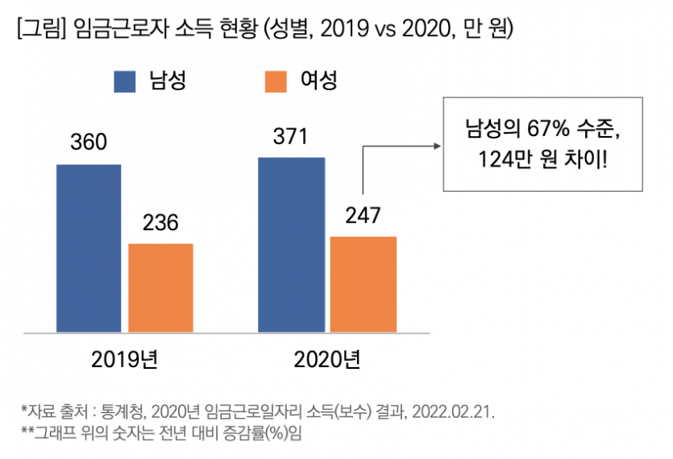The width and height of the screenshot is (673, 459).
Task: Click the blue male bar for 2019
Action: (89, 247)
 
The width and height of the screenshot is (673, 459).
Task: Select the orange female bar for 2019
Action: (160, 287)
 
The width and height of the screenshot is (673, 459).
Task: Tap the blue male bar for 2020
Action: (291, 244)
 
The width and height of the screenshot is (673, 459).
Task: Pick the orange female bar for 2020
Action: (364, 283)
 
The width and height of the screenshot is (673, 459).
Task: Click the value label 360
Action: (89, 143)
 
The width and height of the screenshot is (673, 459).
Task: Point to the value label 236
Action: (160, 222)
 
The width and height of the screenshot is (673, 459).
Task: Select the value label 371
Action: (290, 137)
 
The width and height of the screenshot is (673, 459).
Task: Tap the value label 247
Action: (363, 215)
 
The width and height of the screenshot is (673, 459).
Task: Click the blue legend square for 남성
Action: (126, 81)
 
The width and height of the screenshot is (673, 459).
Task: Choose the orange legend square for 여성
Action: (276, 81)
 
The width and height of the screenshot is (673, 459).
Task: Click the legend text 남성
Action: (167, 81)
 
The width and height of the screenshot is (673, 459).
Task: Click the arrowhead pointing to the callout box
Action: (438, 147)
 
